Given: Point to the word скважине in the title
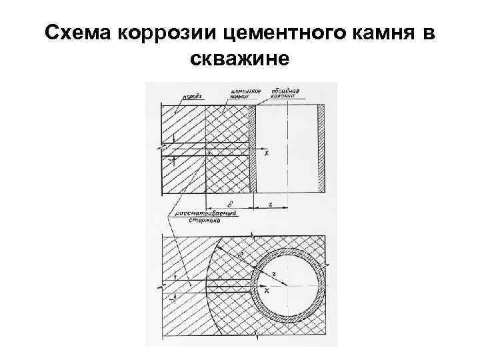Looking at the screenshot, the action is pyautogui.click(x=239, y=60).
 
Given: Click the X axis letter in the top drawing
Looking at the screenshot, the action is pyautogui.click(x=267, y=154).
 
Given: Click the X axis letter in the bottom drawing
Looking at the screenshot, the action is pyautogui.click(x=266, y=292).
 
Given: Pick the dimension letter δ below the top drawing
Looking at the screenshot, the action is pyautogui.click(x=229, y=203).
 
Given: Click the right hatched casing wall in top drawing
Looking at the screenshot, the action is pyautogui.click(x=321, y=147).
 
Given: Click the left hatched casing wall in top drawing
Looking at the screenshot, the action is pyautogui.click(x=254, y=147).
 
